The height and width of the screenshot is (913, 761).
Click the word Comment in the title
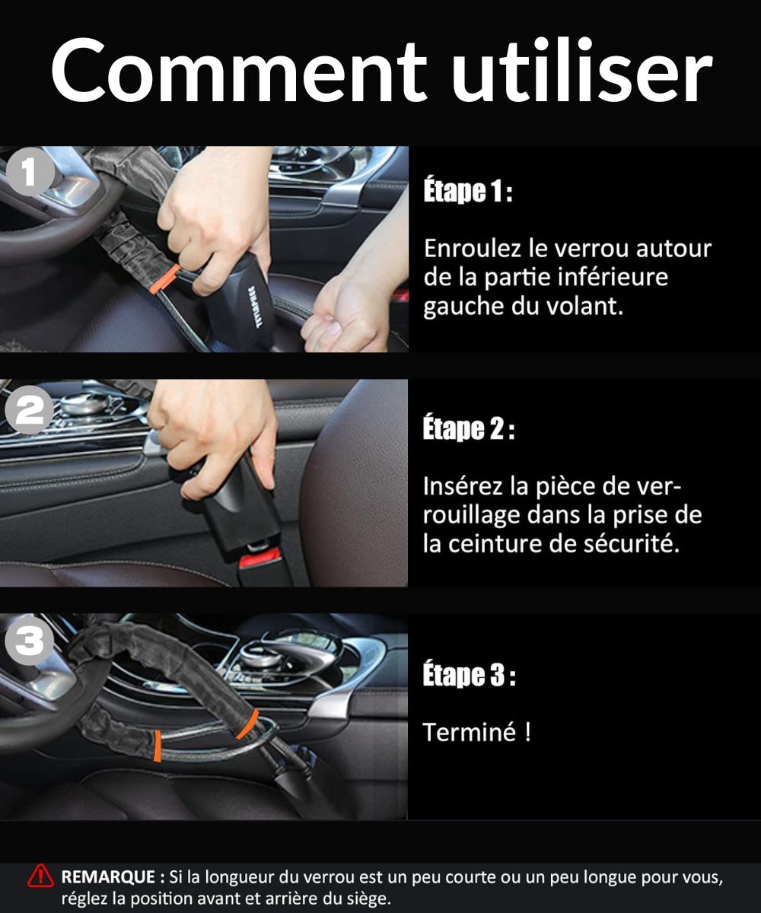pos(238,70)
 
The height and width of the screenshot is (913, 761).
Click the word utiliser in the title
pos(581,70)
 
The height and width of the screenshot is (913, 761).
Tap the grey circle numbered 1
pos(30,172)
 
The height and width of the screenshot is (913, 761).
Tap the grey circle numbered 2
pos(30,410)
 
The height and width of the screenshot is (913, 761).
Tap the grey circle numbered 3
pos(30,641)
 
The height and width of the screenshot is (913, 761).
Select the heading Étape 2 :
pos(469,429)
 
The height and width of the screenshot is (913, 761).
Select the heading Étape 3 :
pos(469,675)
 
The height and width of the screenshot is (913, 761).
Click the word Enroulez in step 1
pos(473,248)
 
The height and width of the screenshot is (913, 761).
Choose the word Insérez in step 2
pos(462,486)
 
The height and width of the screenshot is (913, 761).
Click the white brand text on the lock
pos(257,307)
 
